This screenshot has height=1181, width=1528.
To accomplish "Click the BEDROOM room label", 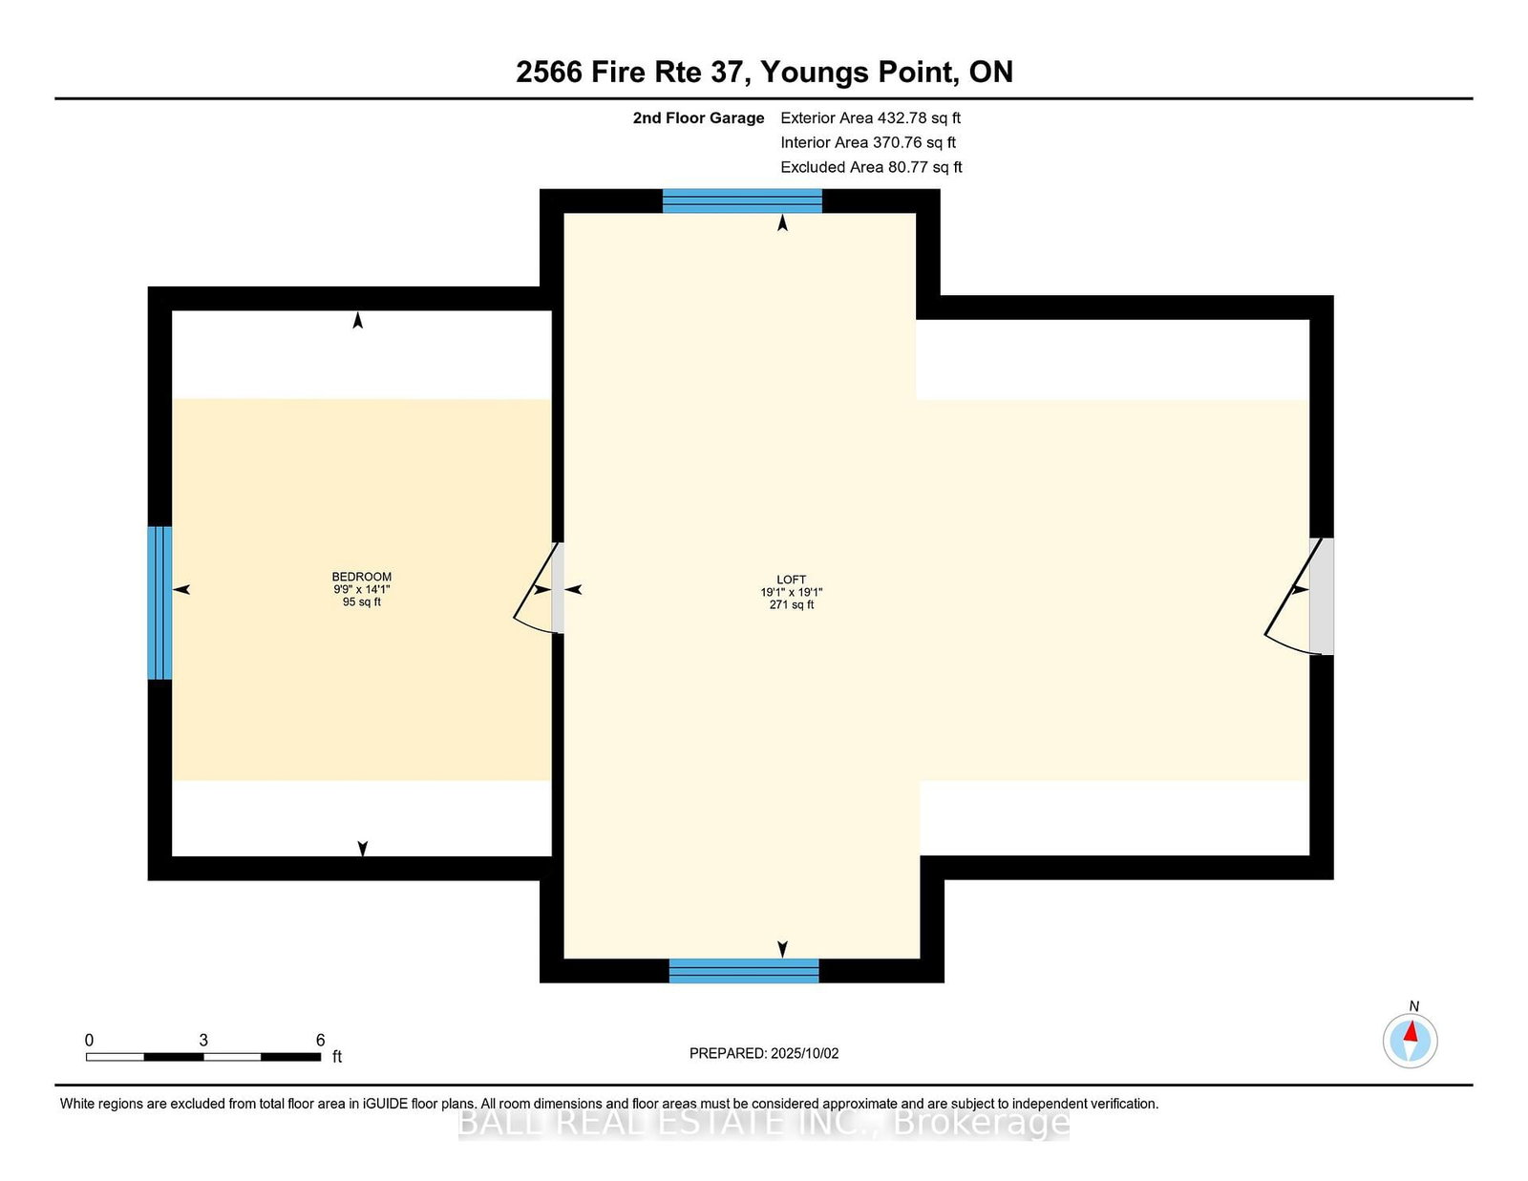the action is [x=361, y=577].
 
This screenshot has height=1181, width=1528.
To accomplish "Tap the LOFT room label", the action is [x=791, y=580].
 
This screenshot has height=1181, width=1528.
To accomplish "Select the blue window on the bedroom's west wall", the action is [x=159, y=602].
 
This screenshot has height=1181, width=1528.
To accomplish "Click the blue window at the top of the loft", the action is [x=742, y=201].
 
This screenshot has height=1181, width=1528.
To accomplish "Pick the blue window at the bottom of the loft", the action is [x=744, y=970].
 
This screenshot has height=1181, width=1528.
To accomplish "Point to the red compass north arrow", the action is [x=1410, y=1031].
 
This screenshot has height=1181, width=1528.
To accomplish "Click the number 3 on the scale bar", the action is [x=203, y=1040].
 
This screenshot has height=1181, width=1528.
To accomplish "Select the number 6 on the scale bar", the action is [x=320, y=1040].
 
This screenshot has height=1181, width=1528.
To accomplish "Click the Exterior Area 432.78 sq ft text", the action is [x=870, y=118].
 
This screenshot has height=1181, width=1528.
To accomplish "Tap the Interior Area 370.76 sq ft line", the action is [x=868, y=142].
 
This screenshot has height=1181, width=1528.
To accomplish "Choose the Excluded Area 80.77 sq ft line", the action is [x=871, y=167].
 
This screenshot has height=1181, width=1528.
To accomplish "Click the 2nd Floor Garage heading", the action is [x=697, y=118].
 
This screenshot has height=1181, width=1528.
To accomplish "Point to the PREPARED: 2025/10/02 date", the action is [x=764, y=1053].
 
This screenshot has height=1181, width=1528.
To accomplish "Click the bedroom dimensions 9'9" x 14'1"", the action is [x=361, y=589].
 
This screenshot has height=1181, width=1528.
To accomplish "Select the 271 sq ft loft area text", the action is [x=791, y=604].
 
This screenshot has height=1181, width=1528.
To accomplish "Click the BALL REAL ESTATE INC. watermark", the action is [x=764, y=1123].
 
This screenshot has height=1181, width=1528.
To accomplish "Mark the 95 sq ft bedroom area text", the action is [x=361, y=601].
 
